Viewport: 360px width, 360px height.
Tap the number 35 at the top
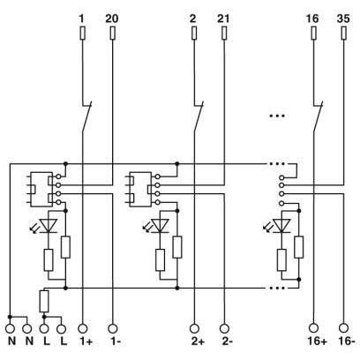(343, 19)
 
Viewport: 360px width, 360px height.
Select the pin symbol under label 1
(83, 34)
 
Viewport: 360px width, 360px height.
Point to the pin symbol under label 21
(224, 34)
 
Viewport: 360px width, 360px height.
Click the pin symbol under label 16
(313, 34)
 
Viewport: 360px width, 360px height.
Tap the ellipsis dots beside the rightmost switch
(277, 116)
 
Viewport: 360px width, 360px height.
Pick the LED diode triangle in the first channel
(49, 226)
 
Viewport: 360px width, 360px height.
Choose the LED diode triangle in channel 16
(281, 226)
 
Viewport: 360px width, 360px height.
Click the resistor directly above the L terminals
(44, 301)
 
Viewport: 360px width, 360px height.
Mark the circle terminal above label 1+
(83, 328)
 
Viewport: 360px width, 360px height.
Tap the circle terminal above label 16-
(343, 328)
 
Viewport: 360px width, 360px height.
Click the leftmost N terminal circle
(11, 328)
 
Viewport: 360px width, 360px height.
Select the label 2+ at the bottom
(198, 341)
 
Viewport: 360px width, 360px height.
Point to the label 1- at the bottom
(116, 341)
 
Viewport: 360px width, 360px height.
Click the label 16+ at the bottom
(317, 341)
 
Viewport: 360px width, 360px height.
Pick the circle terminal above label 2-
(224, 328)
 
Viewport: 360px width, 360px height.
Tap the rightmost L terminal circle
(62, 328)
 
